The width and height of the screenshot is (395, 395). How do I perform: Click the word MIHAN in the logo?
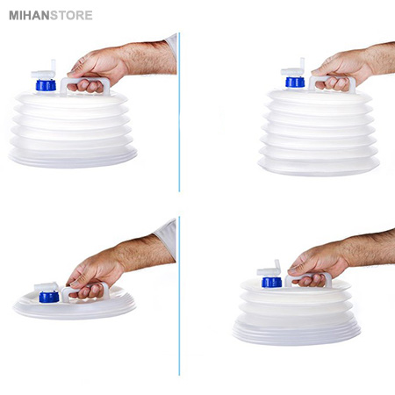click(29, 16)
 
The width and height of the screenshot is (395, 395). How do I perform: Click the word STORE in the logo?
click(71, 16)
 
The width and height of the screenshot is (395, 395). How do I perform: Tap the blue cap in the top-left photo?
click(46, 85)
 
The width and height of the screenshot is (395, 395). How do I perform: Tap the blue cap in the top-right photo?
click(295, 82)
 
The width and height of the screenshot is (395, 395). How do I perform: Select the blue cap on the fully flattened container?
click(49, 297)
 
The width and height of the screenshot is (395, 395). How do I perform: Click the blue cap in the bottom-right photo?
click(272, 282)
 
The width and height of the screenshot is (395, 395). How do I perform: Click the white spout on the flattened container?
click(47, 287)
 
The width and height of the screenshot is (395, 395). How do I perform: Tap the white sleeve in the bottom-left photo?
click(166, 238)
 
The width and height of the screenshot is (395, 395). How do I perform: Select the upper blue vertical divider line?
click(179, 112)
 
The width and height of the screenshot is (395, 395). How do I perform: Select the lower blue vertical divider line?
click(179, 296)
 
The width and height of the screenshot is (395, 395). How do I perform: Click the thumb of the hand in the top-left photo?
click(76, 70)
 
